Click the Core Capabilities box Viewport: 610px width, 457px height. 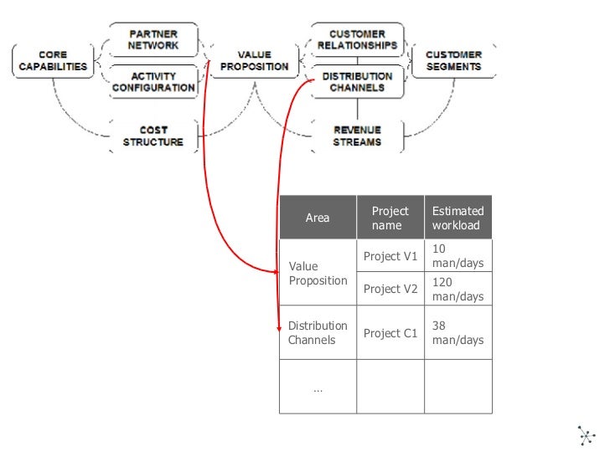[x=52, y=60]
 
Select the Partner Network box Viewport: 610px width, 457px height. [x=153, y=39]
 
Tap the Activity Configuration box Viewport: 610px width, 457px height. [x=153, y=81]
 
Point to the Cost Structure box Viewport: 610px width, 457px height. [x=153, y=136]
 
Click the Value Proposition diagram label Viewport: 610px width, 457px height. [x=253, y=60]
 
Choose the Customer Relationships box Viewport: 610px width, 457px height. [x=357, y=39]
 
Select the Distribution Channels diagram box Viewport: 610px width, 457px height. [x=357, y=81]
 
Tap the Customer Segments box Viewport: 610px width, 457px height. [x=453, y=60]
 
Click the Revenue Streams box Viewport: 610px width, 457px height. [x=357, y=136]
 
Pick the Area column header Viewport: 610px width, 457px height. [x=318, y=218]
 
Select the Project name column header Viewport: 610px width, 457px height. [x=390, y=218]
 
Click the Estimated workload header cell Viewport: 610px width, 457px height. [x=457, y=218]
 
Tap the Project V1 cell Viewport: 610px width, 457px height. [x=390, y=256]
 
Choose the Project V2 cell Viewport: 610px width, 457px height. [x=390, y=289]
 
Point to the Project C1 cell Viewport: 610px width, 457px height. [x=390, y=333]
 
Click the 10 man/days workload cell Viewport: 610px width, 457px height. [x=457, y=256]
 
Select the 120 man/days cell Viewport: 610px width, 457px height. [x=457, y=290]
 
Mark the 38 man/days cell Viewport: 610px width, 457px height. [x=457, y=333]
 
